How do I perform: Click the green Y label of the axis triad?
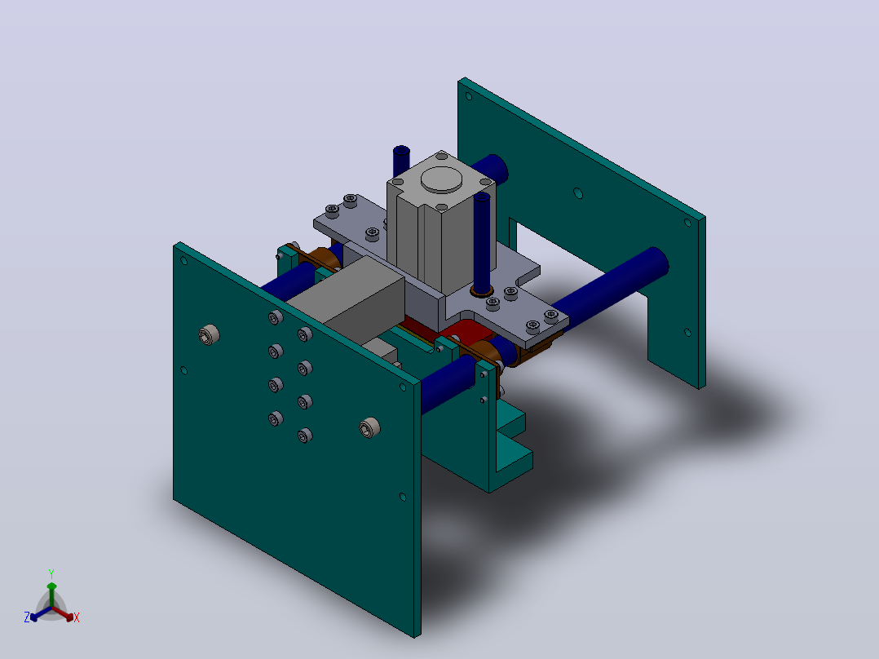pos(51,573)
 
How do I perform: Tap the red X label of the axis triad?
pos(77,617)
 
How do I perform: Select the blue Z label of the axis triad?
pos(27,617)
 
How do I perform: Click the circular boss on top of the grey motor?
pos(441,179)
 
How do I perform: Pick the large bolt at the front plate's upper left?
pos(209,335)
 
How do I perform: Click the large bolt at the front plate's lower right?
pos(369,427)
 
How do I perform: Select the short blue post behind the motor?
pos(401,161)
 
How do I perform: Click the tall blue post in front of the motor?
pos(482,241)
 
